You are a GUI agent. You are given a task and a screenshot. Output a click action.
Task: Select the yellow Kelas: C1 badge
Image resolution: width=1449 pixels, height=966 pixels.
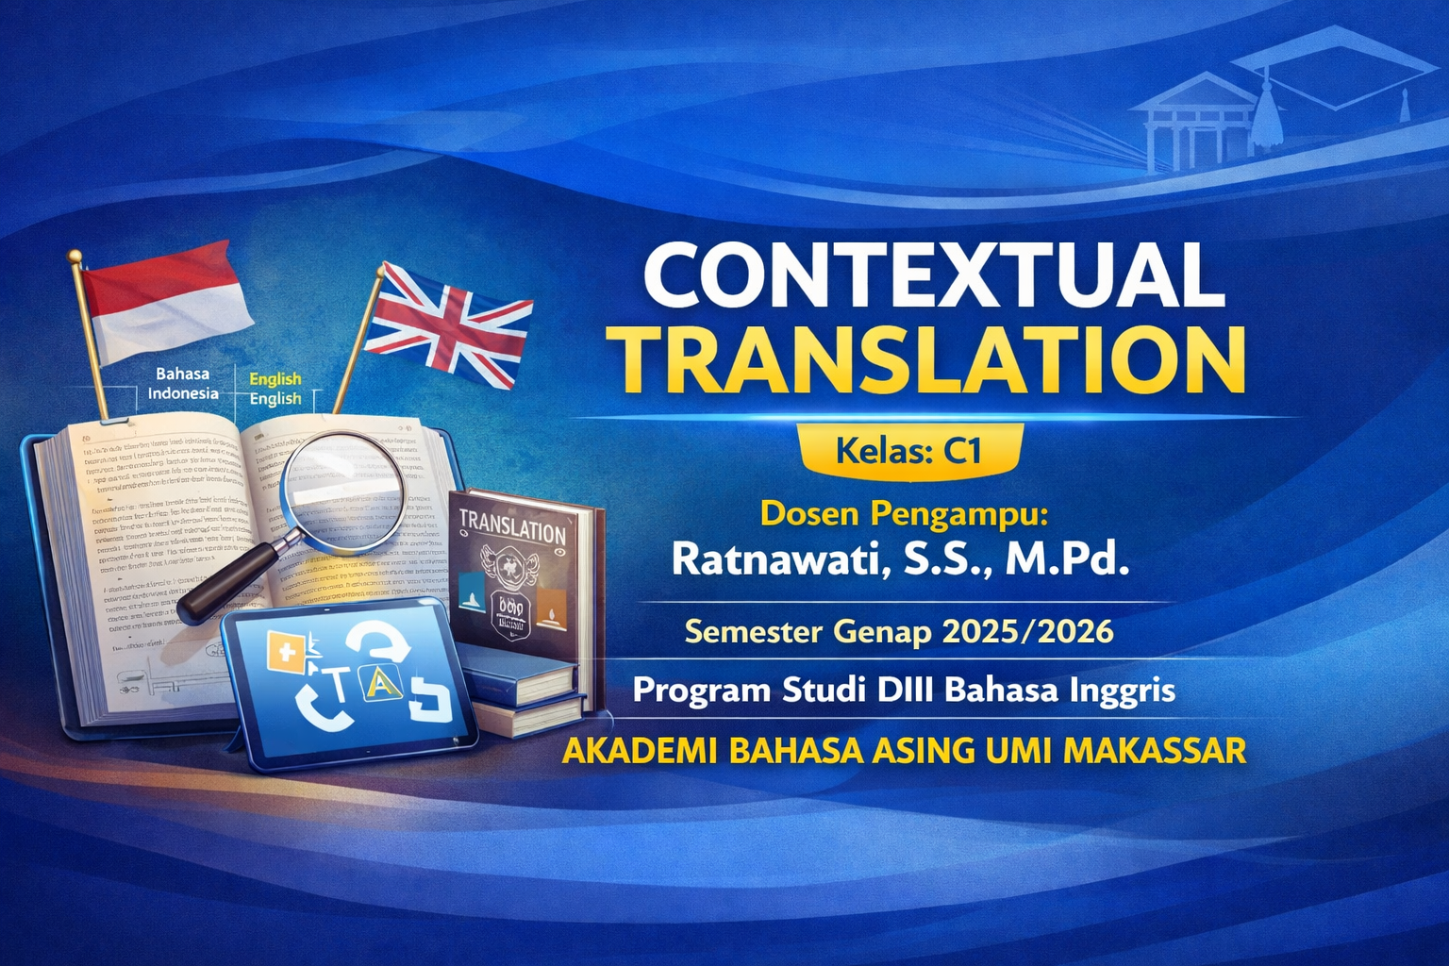tap(909, 450)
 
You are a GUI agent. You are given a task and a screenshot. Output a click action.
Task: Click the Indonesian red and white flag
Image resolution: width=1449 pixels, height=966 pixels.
tap(165, 300)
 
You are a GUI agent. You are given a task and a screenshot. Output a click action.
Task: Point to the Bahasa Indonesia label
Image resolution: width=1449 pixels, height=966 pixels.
tap(183, 384)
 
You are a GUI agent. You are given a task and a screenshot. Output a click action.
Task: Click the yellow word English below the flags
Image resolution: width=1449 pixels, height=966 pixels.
tap(275, 379)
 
